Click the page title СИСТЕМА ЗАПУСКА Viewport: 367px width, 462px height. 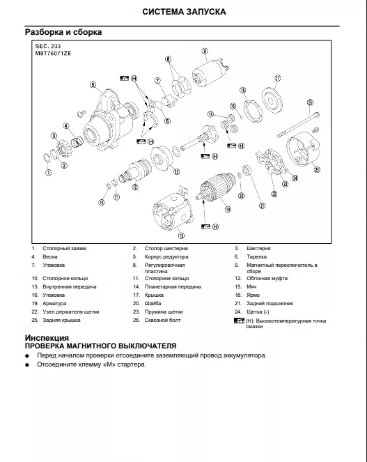click(184, 12)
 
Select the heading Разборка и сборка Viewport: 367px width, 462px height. click(63, 32)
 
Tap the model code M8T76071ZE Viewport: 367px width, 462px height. click(54, 54)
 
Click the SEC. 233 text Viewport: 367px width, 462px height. click(48, 46)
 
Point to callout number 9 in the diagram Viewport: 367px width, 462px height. click(205, 52)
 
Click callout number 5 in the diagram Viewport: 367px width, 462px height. click(93, 85)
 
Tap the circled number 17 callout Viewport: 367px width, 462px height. click(278, 78)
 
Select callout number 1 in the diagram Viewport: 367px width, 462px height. click(48, 173)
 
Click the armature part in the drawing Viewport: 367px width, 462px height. click(217, 188)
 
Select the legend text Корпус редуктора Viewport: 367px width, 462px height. click(166, 257)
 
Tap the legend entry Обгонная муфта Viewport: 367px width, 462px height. click(267, 279)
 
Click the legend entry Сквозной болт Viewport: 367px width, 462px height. click(162, 321)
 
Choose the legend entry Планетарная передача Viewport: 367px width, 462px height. click(173, 286)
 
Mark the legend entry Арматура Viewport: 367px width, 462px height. click(54, 304)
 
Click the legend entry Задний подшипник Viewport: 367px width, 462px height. click(270, 304)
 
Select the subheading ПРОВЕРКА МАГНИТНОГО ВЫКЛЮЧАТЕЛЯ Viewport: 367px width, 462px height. click(100, 346)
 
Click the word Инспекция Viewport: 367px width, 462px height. click(47, 338)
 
